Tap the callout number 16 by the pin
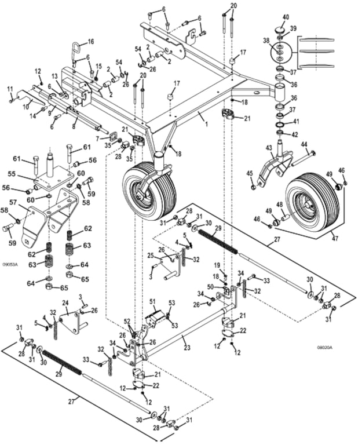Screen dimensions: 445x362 (90, 42)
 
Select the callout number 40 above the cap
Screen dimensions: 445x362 (285, 18)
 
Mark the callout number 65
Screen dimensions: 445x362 (64, 287)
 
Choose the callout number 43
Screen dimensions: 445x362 (268, 148)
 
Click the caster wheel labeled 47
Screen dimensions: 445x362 (313, 202)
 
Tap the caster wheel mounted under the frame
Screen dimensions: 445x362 (146, 190)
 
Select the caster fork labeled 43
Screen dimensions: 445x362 (272, 165)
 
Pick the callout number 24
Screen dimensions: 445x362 (65, 302)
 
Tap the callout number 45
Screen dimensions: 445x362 (250, 173)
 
